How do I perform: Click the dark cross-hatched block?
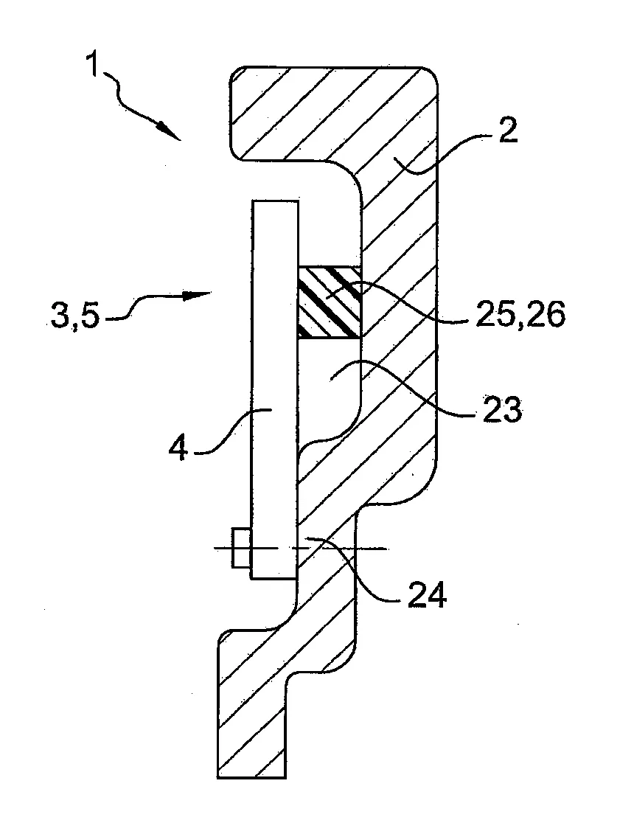(330, 302)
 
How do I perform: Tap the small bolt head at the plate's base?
(240, 548)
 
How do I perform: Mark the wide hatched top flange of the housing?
(332, 111)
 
